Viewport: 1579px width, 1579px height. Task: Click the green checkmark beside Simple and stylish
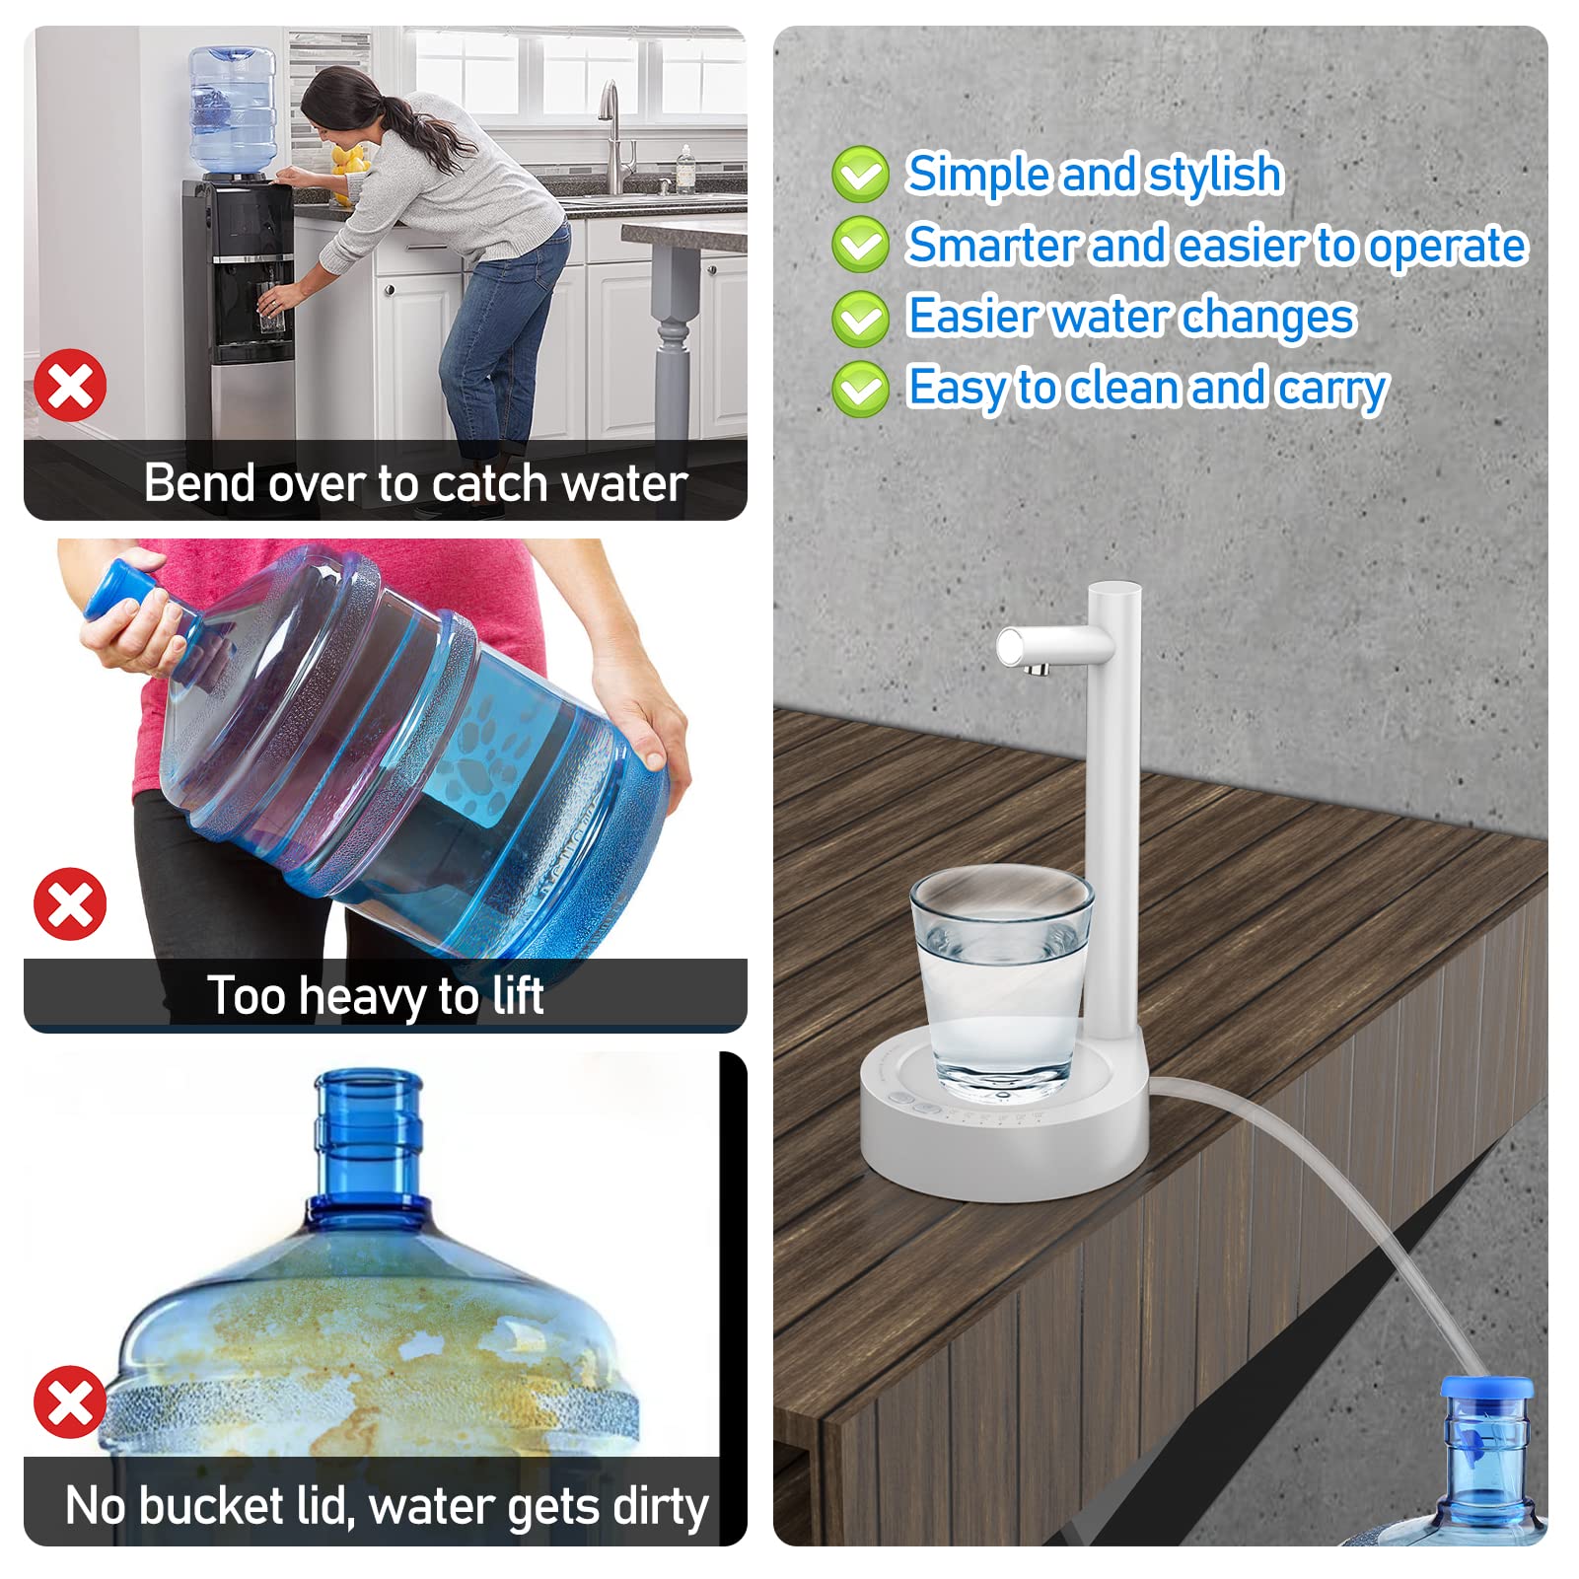860,175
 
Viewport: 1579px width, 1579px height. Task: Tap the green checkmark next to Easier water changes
860,318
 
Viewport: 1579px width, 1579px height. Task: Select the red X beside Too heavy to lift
70,903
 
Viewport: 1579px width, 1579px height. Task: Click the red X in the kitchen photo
70,385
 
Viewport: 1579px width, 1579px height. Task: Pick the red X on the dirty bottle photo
70,1401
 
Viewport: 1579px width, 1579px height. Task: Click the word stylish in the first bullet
1215,175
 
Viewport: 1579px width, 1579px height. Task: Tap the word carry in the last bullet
1332,388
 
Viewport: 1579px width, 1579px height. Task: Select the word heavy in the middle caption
364,996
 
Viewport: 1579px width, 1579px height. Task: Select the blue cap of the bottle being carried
122,589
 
